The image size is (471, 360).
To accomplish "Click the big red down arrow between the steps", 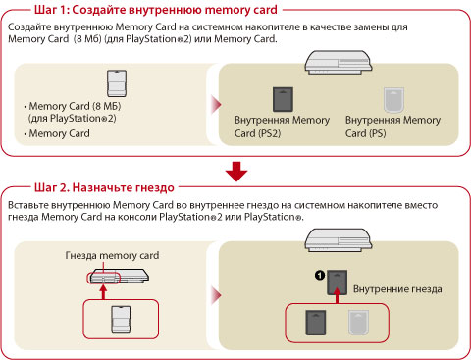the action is point(236,172).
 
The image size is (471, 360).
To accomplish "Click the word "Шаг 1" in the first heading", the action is point(50,10).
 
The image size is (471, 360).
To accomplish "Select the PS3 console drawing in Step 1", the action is point(339,63).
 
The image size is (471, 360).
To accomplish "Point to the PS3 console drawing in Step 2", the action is point(339,240).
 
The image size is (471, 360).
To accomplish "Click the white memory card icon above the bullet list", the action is point(117,83).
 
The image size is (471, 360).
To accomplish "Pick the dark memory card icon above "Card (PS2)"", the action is point(283,99).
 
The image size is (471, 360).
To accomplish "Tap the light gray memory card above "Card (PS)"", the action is point(393,100).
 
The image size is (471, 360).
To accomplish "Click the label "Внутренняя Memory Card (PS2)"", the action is point(282,127).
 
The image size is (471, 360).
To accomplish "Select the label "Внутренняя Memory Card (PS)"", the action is point(392,127).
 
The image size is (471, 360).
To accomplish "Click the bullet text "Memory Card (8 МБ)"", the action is point(75,106).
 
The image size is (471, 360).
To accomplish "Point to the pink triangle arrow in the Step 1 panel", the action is point(217,105).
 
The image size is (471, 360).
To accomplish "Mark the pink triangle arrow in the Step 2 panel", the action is point(217,295).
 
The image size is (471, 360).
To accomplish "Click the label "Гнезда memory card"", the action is point(112,255).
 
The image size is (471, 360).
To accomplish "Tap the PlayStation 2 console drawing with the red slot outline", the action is point(119,276).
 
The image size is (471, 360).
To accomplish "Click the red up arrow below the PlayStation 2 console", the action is point(103,292).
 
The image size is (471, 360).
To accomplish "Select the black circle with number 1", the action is point(320,275).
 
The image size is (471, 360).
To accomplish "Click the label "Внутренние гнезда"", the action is point(397,289).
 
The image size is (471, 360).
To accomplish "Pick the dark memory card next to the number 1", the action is point(338,283).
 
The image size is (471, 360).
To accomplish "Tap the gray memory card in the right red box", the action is point(358,323).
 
